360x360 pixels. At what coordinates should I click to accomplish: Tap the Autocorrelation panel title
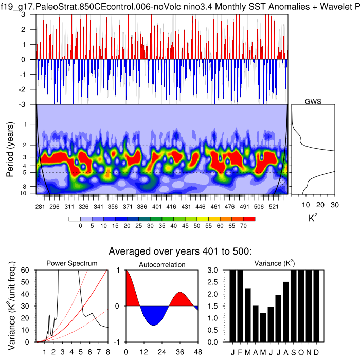[x=162, y=264]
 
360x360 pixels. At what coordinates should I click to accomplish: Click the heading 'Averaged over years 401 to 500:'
[x=179, y=251]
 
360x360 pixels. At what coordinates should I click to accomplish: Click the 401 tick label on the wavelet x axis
[x=157, y=206]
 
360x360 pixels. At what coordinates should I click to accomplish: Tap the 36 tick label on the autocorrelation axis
[x=179, y=352]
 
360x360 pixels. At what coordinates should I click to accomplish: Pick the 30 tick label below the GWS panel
[x=335, y=204]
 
